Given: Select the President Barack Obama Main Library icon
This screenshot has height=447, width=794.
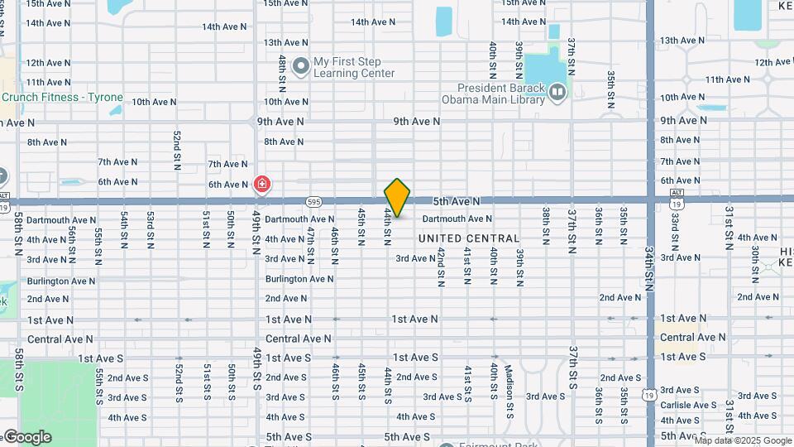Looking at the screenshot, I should click(x=557, y=92).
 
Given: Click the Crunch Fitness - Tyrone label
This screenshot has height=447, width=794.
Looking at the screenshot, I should click(x=62, y=98).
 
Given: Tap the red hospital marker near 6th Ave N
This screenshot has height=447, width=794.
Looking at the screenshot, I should click(x=262, y=184).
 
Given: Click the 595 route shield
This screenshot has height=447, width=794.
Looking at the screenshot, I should click(x=313, y=201).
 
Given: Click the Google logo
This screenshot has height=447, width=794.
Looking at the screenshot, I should click(x=26, y=437).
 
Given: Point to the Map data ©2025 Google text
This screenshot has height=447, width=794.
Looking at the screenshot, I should click(x=742, y=440).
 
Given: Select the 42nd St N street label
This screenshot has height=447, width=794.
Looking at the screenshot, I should click(x=442, y=267).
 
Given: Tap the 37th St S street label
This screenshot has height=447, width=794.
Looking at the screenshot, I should click(x=572, y=368).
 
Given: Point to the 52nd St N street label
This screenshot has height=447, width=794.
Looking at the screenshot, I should click(x=177, y=149).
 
